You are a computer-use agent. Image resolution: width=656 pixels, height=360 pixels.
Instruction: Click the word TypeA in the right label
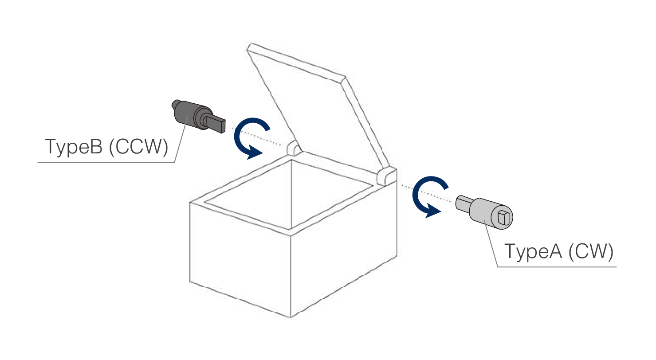pyautogui.click(x=534, y=251)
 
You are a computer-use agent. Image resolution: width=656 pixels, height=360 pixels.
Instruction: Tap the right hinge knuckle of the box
pyautogui.click(x=385, y=176)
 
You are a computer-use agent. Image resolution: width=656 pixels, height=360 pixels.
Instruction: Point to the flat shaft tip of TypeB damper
pyautogui.click(x=218, y=124)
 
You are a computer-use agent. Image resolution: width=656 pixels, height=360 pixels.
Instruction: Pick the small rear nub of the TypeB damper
pyautogui.click(x=174, y=105)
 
